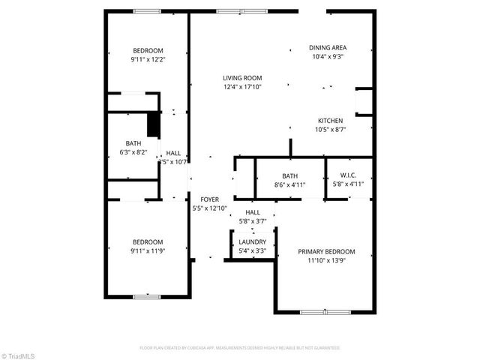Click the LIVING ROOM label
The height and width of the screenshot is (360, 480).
tap(241, 77)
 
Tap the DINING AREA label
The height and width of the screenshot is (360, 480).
tap(328, 47)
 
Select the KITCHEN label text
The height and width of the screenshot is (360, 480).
tap(330, 121)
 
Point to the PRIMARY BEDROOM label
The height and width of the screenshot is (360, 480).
tap(326, 252)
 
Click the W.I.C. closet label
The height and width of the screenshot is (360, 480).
tap(348, 175)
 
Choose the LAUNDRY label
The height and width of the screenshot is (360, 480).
tap(252, 242)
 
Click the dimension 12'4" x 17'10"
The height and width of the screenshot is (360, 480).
tap(241, 86)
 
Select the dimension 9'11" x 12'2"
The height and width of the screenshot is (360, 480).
tap(148, 59)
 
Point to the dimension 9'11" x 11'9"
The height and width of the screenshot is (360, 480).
tap(147, 250)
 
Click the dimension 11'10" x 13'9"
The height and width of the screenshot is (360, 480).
tap(326, 261)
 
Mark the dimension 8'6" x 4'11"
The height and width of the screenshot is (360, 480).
tap(290, 184)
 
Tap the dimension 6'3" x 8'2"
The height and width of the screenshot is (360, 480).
tap(134, 152)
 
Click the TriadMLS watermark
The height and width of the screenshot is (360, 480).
tap(18, 354)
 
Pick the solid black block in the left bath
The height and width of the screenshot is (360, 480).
tap(153, 124)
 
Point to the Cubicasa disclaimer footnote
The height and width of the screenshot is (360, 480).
tap(240, 348)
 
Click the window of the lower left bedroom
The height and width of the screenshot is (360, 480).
tap(147, 296)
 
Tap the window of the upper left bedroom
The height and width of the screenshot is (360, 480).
tap(147, 10)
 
